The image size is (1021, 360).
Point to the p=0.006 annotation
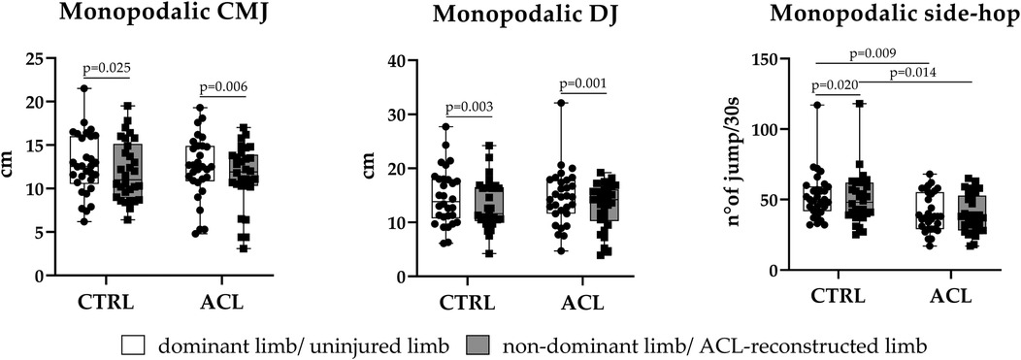pyautogui.click(x=224, y=87)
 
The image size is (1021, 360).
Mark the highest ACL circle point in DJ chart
pyautogui.click(x=560, y=102)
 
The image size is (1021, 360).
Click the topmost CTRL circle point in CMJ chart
pyautogui.click(x=84, y=88)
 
